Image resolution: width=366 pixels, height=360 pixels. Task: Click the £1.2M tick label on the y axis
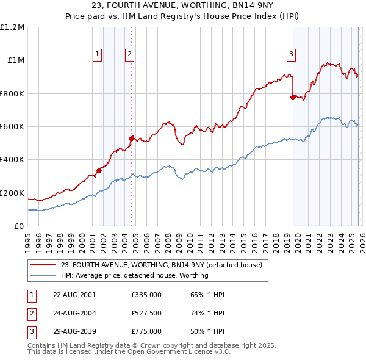click(x=12, y=27)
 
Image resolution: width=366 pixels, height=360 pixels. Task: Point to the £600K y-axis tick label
click(x=12, y=127)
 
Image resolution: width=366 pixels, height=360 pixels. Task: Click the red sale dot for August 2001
click(x=99, y=170)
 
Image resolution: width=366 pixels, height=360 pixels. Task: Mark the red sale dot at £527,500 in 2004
click(x=131, y=139)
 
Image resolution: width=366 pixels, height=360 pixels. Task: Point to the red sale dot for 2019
click(x=293, y=97)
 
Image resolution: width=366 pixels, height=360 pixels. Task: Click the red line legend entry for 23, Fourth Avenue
click(x=162, y=265)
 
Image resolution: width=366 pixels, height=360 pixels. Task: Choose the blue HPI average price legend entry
click(x=134, y=275)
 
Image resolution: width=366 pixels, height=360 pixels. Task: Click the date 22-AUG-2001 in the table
click(x=74, y=295)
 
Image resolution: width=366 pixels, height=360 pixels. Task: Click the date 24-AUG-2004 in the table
click(x=74, y=313)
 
